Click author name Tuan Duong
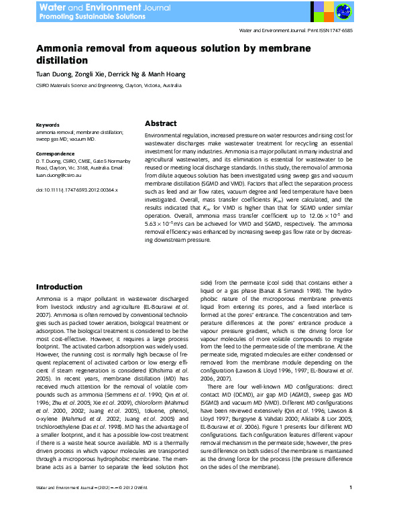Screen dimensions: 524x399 point(52,74)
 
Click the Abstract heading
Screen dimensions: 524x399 point(161,124)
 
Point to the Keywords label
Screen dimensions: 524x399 point(48,125)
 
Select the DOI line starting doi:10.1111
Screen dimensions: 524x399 point(76,190)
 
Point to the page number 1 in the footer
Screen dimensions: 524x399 point(351,507)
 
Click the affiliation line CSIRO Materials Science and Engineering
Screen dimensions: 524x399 point(108,86)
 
